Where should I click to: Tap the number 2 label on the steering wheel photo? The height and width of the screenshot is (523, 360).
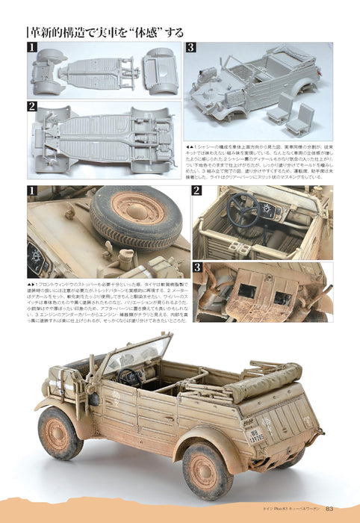point(198,191)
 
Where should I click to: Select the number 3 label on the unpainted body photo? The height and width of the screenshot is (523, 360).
point(190,49)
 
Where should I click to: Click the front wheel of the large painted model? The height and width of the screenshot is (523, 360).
point(61,433)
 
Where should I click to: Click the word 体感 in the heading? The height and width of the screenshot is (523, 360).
point(144,32)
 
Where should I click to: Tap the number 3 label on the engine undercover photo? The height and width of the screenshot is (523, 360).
point(198,267)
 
